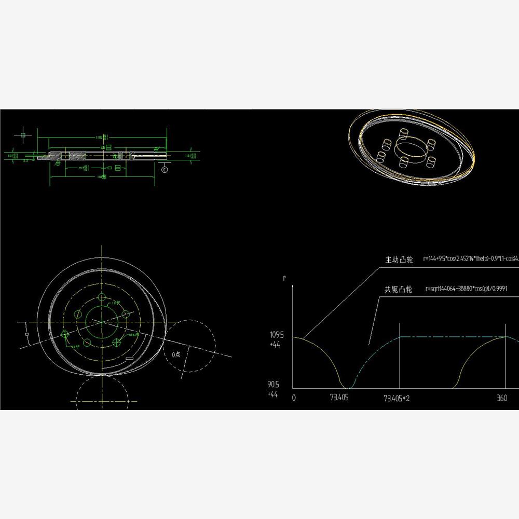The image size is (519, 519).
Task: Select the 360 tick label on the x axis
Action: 502,398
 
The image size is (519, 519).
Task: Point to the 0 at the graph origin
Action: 294,398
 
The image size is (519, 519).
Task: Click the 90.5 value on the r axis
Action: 274,385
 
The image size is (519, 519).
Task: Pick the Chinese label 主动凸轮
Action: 399,259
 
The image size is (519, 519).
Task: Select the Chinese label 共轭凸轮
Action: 399,290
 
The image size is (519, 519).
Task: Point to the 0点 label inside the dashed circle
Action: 176,354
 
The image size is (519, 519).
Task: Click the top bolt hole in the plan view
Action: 102,298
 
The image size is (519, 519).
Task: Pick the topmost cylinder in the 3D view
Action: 403,133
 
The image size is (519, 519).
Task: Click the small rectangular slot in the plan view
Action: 129,358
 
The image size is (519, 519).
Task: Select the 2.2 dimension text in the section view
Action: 25,161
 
